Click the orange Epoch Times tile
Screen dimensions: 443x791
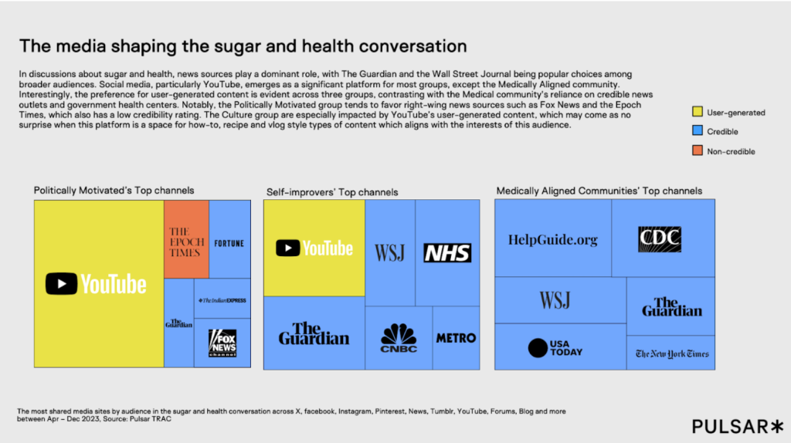[186, 239]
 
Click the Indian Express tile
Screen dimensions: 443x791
[222, 299]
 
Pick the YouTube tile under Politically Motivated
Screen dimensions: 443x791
[98, 284]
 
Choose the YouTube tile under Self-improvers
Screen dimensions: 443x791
[314, 248]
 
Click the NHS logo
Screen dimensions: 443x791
[447, 252]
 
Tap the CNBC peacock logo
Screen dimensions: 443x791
[399, 338]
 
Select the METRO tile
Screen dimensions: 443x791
[456, 338]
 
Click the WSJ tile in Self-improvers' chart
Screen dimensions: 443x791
[390, 252]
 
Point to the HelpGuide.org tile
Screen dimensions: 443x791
[552, 239]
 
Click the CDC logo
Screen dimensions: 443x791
[659, 238]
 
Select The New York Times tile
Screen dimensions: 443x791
[671, 353]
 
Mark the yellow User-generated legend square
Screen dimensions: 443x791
[696, 113]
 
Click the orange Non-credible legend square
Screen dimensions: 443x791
[696, 151]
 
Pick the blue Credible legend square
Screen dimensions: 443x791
[696, 132]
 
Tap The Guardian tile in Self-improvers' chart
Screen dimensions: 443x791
[314, 333]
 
